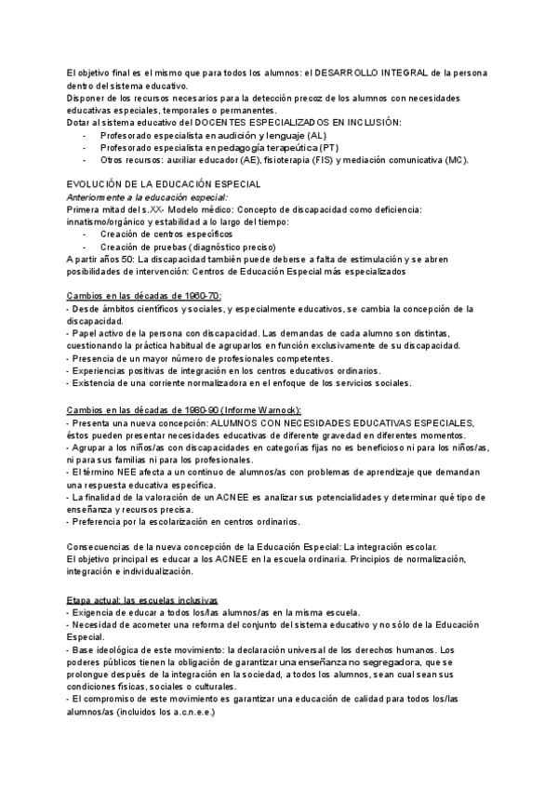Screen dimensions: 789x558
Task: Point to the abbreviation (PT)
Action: (328, 148)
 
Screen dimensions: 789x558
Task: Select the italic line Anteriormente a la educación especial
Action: (148, 198)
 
